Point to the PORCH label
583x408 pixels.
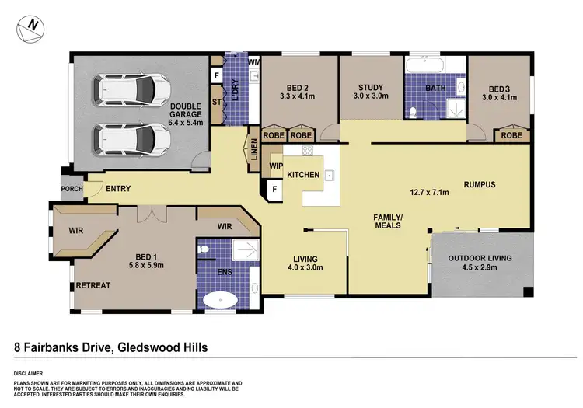pos(72,188)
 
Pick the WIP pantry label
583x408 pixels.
pos(275,166)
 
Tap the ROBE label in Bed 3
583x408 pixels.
pos(511,134)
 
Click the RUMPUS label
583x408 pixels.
pos(479,184)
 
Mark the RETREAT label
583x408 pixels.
pos(93,285)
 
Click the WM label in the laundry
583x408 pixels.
pos(253,61)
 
